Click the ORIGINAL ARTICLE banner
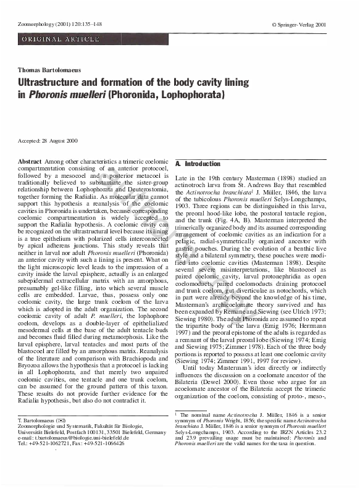point(61,40)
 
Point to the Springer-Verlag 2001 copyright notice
point(307,24)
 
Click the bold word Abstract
point(30,161)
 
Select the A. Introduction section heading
point(198,164)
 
